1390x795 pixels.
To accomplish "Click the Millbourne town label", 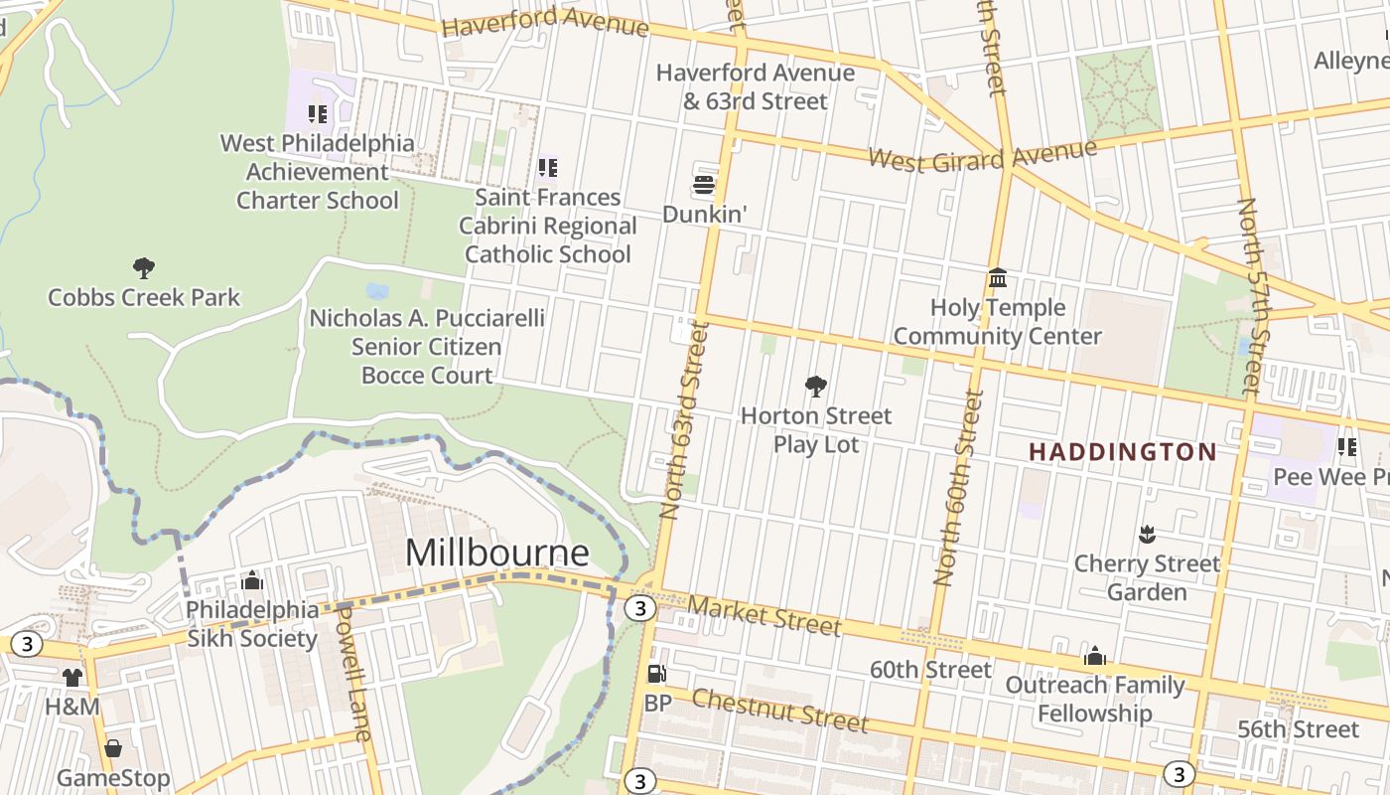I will [496, 552].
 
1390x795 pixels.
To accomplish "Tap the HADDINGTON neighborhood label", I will [1122, 452].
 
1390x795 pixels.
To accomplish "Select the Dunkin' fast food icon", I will [704, 185].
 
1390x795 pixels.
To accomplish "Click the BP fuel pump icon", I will [655, 674].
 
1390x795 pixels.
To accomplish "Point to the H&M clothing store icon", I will [72, 678].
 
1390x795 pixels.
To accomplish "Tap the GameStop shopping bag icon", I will [113, 748].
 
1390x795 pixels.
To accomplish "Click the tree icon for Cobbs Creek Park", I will [144, 267].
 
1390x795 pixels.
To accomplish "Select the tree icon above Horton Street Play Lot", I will [816, 386].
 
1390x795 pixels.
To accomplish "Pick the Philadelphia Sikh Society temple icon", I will [252, 579].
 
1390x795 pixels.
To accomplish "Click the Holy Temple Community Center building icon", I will [997, 277].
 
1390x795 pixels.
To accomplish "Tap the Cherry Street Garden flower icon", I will [1147, 535].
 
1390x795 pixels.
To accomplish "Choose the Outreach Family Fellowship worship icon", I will [1095, 656].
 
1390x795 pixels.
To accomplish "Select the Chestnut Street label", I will [779, 710].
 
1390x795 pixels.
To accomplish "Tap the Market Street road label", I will [764, 615].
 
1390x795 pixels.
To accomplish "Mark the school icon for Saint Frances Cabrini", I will [547, 168].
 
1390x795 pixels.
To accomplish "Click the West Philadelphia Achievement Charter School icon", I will [317, 114].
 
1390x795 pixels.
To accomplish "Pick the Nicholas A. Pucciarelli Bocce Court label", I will [427, 346].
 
